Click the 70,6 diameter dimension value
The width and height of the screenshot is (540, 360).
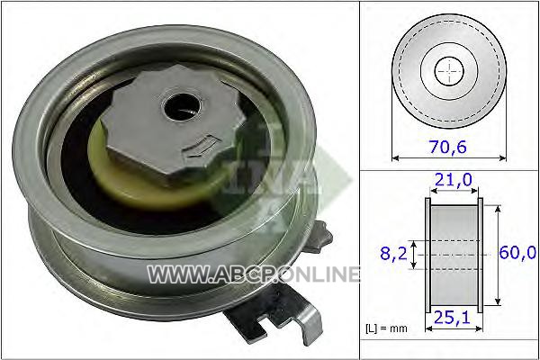(447, 147)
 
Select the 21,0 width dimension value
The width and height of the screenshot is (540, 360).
(454, 180)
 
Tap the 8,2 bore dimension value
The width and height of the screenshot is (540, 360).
(393, 254)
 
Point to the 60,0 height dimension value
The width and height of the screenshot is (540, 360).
(517, 253)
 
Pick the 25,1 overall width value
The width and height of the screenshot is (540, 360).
(452, 318)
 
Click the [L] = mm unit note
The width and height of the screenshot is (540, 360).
(386, 328)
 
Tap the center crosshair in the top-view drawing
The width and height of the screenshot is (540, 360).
(449, 72)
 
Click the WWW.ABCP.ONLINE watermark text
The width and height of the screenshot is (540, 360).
(254, 274)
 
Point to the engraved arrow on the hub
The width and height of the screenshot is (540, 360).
(201, 147)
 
